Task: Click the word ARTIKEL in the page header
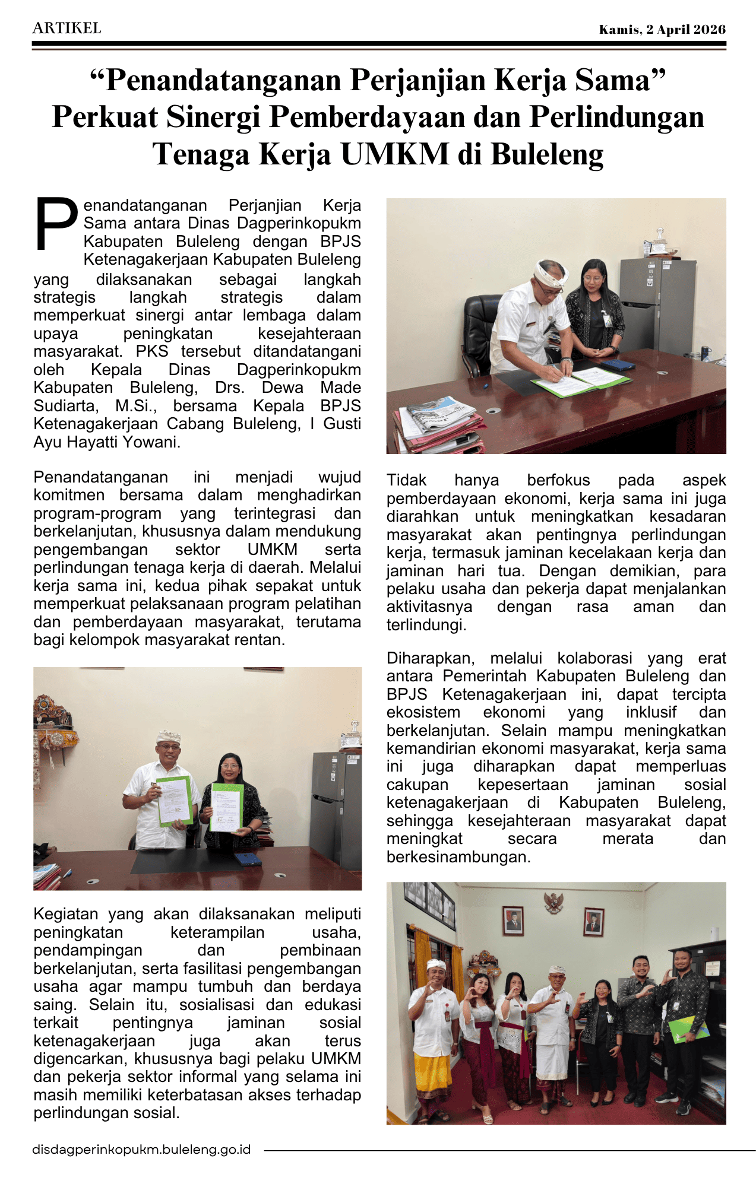tap(67, 28)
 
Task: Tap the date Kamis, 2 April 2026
tap(662, 30)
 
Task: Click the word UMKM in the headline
tap(394, 154)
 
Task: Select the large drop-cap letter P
tap(56, 224)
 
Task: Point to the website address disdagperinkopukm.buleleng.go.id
tap(141, 1150)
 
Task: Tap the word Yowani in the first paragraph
tap(152, 442)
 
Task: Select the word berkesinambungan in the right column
tap(458, 857)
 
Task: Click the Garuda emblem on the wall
tap(553, 903)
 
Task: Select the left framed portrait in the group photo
tap(513, 921)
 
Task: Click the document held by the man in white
tap(175, 800)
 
